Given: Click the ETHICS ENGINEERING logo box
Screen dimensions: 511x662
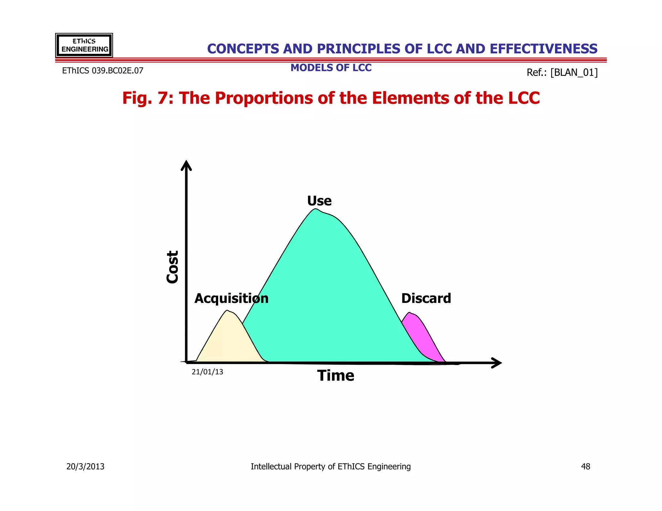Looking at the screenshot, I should tap(84, 45).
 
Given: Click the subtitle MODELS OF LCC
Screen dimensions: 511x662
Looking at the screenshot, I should tap(331, 68).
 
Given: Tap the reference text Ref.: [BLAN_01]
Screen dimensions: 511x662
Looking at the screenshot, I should tap(562, 72).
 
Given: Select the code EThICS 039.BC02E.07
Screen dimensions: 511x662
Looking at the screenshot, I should tap(102, 71).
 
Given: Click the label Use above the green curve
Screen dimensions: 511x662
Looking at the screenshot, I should tap(319, 201).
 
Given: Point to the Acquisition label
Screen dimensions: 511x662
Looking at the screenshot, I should tap(231, 298).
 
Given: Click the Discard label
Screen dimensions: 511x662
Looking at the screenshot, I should tap(426, 298).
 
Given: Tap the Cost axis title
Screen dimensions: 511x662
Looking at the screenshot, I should tap(172, 267).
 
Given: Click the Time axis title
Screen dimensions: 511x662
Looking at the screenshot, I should tap(336, 376).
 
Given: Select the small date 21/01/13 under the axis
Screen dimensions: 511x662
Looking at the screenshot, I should tap(207, 372).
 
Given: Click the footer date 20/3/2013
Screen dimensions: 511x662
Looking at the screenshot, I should tap(85, 466).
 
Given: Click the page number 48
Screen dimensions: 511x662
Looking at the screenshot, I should tap(585, 466).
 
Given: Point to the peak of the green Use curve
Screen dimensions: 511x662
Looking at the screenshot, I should tap(315, 210).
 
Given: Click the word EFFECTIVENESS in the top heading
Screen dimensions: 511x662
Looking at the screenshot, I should tap(543, 49).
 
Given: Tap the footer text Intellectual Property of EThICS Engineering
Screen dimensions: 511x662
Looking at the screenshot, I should tap(331, 466).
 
